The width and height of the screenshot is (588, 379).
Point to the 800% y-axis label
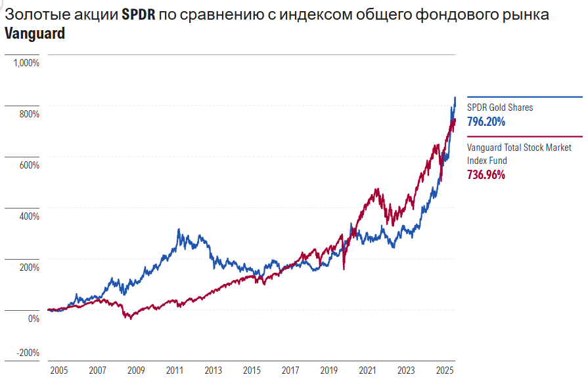[30, 114]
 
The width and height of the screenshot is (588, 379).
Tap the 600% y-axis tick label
[30, 165]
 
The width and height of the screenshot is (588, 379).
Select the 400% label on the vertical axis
[30, 216]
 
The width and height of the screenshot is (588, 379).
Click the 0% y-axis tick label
[33, 319]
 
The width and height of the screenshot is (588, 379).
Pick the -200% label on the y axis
[28, 352]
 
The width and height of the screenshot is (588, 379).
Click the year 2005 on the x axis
[58, 370]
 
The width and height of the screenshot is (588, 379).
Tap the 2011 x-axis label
[174, 370]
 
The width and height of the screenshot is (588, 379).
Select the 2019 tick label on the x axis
[328, 370]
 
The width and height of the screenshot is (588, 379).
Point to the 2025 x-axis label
[445, 370]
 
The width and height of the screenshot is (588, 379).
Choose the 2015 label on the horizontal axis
[252, 370]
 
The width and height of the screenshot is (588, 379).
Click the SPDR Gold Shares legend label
[500, 108]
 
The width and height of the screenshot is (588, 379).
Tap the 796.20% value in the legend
[486, 121]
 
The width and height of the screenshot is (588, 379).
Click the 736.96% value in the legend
[486, 174]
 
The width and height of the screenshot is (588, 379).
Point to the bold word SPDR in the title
[139, 14]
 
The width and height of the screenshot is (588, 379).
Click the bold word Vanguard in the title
[35, 33]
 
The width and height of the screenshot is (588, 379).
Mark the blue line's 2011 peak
[179, 230]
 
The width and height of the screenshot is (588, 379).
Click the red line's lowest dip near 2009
[130, 319]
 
